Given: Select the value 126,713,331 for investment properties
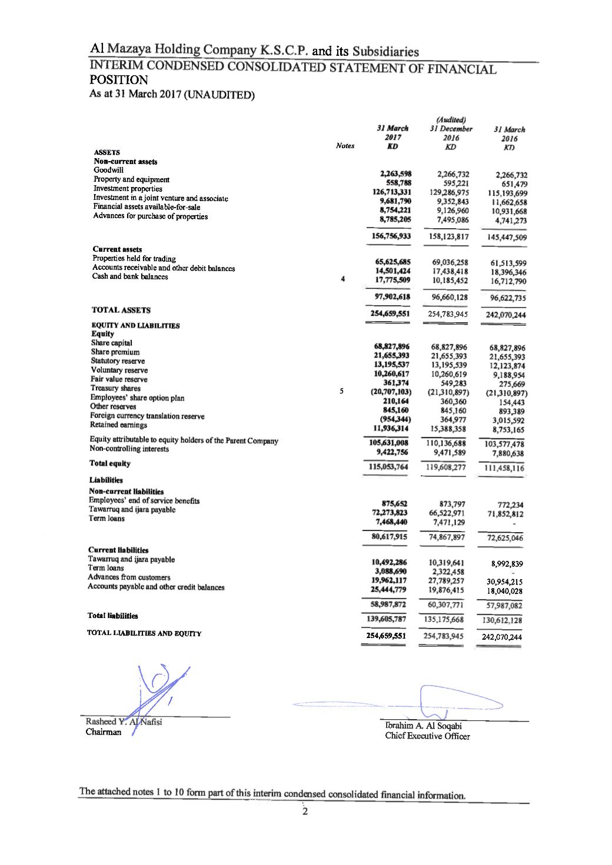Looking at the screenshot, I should [391, 192].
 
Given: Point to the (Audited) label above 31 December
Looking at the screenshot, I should [451, 121].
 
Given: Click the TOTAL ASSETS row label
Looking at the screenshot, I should [121, 310].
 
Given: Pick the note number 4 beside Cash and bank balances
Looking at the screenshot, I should [342, 279].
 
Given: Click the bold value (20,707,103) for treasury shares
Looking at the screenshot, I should [391, 391].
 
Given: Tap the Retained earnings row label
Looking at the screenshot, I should [118, 425].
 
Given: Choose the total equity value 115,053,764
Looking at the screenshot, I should [387, 466].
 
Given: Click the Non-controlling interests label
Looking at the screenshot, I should [129, 449].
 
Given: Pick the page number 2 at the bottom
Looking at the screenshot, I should [305, 812].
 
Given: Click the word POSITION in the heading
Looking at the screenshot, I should [118, 80].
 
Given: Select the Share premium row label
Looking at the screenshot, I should [115, 352].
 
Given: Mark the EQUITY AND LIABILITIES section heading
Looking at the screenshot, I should [135, 325].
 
